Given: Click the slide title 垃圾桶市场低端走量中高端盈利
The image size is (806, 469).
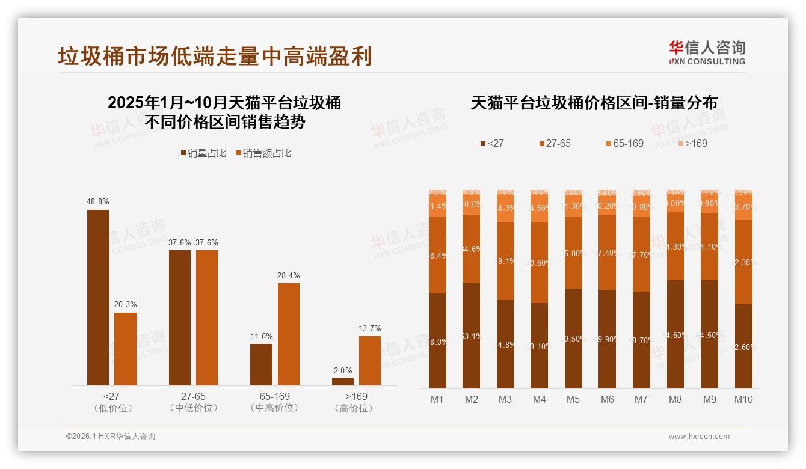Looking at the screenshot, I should click(215, 56).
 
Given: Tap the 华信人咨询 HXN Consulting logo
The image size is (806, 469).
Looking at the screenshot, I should click(707, 52).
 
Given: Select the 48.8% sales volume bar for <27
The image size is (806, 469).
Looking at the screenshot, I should click(98, 298).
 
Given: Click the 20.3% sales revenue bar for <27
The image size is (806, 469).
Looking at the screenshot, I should click(125, 349).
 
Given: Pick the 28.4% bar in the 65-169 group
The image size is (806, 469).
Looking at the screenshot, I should click(288, 334).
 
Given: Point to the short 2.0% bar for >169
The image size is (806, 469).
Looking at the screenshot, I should click(343, 381).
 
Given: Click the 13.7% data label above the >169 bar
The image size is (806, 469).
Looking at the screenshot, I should click(370, 328).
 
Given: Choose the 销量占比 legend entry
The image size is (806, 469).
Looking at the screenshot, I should click(203, 153).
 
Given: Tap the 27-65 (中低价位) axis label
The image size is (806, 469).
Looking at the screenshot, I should click(193, 402).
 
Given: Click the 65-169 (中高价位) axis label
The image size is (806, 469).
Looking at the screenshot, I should click(274, 402).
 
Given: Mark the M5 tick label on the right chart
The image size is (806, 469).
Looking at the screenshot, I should click(573, 399).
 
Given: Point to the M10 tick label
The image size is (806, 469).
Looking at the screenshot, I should click(743, 399).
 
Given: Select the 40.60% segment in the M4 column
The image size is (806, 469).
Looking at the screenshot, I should click(540, 263).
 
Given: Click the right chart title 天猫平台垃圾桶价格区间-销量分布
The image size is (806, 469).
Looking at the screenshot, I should click(594, 103).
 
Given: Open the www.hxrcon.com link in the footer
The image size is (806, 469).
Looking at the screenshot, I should click(699, 437).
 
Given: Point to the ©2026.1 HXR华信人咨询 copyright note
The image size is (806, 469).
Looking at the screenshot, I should click(111, 437).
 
